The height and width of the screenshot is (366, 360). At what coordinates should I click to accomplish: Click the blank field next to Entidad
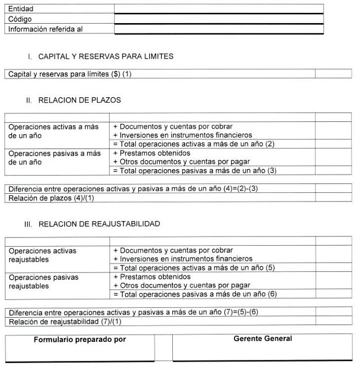point(219,9)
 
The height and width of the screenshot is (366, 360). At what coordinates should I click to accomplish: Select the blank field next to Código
point(219,19)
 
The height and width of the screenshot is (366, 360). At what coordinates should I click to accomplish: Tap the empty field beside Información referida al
point(219,29)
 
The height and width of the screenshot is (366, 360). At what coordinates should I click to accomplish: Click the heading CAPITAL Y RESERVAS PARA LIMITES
point(105,56)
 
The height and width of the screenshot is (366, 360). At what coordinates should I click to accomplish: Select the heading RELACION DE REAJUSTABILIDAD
point(99,224)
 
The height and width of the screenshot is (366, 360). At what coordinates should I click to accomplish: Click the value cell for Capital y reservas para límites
point(333,74)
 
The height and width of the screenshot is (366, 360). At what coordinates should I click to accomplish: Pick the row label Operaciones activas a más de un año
point(53,131)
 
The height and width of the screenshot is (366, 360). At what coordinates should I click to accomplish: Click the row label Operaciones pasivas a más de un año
point(55,158)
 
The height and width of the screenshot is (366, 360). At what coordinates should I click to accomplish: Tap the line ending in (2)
point(194,144)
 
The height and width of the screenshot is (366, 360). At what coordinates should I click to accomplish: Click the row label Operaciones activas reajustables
point(42,255)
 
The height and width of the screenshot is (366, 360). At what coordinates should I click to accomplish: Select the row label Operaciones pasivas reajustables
point(44,281)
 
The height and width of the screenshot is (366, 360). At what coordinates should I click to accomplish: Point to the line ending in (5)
point(194,268)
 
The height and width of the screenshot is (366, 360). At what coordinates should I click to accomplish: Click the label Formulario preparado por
point(80,340)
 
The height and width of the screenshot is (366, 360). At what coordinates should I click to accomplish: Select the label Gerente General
point(262,339)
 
